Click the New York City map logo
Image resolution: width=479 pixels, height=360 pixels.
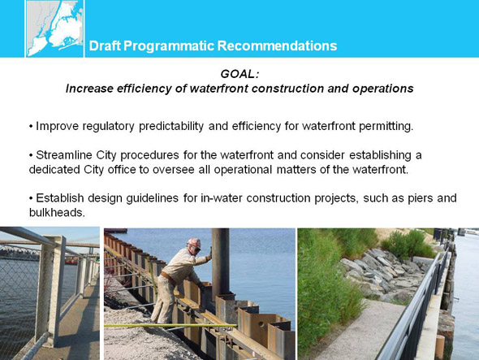(54, 28)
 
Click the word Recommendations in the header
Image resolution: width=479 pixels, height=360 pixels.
(277, 46)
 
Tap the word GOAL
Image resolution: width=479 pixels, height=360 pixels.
(239, 74)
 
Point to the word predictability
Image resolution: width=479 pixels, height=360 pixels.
(171, 126)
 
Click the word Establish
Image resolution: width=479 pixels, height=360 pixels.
(60, 198)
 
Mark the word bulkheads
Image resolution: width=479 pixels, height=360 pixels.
(57, 212)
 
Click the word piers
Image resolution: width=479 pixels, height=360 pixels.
(421, 198)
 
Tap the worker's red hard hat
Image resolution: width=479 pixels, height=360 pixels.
(194, 243)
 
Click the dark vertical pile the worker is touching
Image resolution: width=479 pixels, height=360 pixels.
(220, 264)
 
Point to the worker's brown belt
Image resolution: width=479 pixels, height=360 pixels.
(168, 277)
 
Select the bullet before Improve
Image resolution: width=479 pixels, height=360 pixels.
(31, 126)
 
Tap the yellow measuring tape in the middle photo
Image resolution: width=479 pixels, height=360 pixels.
(170, 325)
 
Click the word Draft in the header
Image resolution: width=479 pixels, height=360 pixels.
(106, 46)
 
